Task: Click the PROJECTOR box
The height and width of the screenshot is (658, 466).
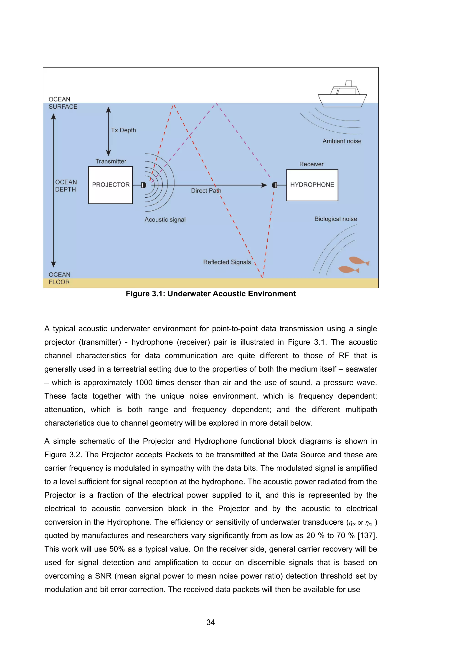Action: pos(111,185)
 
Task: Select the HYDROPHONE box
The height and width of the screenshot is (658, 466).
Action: pos(312,185)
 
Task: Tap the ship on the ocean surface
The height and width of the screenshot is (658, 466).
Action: pos(342,96)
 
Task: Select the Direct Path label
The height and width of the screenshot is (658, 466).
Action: pos(206,191)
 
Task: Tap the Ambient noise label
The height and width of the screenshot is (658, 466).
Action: pos(342,141)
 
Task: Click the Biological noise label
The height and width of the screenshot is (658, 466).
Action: pos(336,219)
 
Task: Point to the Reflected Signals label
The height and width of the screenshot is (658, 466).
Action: pos(227,262)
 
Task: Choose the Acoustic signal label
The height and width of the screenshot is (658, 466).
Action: pos(165,220)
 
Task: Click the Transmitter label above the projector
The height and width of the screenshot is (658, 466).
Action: pos(111,161)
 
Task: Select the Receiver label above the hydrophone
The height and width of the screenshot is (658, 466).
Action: pos(311,164)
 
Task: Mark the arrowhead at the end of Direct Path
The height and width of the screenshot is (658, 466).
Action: pos(264,185)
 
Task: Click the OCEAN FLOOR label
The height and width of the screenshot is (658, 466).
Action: pos(59,278)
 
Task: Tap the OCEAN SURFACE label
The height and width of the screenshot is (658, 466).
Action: pos(63,103)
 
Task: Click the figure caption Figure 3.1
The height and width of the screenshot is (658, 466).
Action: pos(211,294)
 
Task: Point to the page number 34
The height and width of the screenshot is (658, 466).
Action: pos(211,622)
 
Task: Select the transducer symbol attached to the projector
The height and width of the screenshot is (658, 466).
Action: pos(144,185)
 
